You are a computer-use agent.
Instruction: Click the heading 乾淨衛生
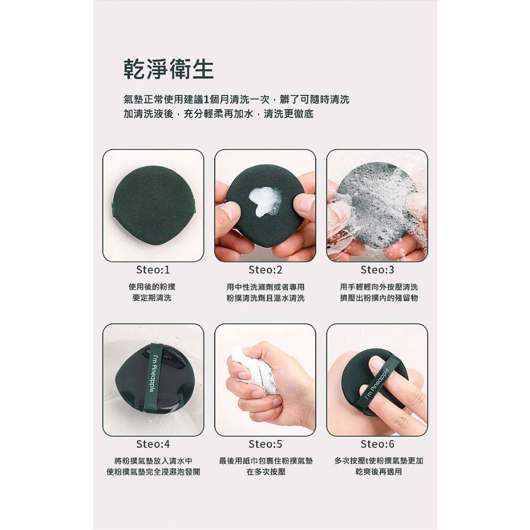click(168, 70)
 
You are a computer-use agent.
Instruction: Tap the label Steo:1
click(153, 270)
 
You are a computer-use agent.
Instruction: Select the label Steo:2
click(265, 270)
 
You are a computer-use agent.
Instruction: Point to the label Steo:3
click(377, 270)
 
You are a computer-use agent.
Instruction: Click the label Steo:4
click(153, 444)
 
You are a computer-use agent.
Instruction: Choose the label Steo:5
click(265, 444)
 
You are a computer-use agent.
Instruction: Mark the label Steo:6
click(377, 444)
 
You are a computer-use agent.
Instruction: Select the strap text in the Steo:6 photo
click(377, 383)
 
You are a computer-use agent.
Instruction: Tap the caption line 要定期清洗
click(152, 298)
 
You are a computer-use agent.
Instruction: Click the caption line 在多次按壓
click(266, 472)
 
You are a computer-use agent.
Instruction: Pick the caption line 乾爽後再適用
click(378, 472)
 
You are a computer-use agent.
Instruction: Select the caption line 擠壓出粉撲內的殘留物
click(378, 298)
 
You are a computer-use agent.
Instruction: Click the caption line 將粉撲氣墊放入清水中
click(153, 461)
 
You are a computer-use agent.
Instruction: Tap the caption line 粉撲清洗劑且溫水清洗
click(266, 298)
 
